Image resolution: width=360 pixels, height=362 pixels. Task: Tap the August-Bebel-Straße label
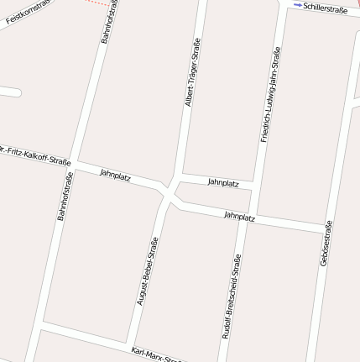pos(148,270)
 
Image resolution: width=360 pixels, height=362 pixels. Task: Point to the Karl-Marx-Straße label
pos(156,354)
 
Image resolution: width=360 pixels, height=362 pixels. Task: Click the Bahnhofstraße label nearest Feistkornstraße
pos(108,23)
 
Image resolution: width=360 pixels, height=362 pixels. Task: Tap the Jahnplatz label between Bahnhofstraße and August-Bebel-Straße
pos(114,174)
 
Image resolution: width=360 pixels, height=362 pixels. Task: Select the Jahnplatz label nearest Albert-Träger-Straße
pos(223,182)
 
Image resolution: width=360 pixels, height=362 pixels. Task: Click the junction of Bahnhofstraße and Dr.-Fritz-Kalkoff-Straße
pos(74,161)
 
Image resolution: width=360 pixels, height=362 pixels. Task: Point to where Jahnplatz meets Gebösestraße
pos(327,229)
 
